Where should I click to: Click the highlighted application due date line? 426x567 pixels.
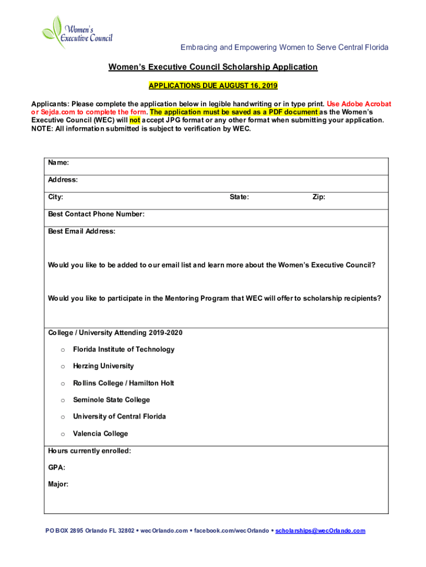point(213,86)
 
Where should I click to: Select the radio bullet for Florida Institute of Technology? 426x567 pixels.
point(63,350)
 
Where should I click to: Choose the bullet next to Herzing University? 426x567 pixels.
point(63,367)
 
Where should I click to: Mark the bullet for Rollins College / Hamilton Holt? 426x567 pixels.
point(63,384)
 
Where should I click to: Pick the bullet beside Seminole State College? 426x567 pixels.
point(63,400)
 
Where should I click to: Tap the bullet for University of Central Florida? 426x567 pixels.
point(63,417)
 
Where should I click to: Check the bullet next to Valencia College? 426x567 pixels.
point(63,434)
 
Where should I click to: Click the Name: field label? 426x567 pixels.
point(59,163)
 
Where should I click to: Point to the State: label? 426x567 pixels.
point(239,197)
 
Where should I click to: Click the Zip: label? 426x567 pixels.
point(319,197)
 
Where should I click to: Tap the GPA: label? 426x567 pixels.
point(56,467)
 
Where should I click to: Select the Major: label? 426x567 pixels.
point(59,484)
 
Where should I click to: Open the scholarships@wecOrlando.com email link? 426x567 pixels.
point(320,530)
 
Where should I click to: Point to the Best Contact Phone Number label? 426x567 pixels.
point(96,214)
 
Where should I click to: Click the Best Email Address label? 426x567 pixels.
point(82,231)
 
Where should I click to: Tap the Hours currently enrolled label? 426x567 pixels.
point(90,451)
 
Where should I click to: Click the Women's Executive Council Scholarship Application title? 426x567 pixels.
point(213,67)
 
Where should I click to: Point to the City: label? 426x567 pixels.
point(56,197)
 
